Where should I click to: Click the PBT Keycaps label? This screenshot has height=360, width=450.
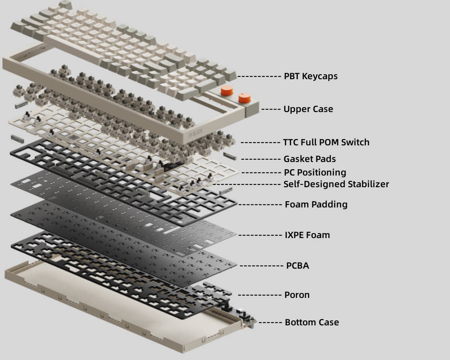tap(310, 76)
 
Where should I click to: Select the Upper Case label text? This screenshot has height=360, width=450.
tap(308, 109)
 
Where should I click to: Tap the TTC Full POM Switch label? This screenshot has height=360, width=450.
tap(326, 142)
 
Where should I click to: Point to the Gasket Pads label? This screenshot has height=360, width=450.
tap(310, 159)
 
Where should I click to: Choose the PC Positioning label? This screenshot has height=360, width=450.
tap(315, 172)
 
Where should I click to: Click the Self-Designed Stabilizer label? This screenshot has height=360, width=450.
tap(336, 184)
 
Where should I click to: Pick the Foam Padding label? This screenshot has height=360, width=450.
tap(316, 204)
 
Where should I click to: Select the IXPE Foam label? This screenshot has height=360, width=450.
tap(307, 235)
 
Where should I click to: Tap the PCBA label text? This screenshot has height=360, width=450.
tap(297, 265)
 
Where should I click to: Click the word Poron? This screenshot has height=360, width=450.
tap(297, 295)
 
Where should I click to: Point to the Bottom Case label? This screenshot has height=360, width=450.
tap(312, 322)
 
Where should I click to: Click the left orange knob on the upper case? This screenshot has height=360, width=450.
tap(226, 91)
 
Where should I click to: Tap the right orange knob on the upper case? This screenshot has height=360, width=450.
tap(244, 98)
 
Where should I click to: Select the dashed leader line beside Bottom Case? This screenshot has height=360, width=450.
tap(270, 323)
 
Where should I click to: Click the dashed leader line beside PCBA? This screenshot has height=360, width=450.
tap(261, 266)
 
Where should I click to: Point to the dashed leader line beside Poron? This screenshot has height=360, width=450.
tap(260, 295)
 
